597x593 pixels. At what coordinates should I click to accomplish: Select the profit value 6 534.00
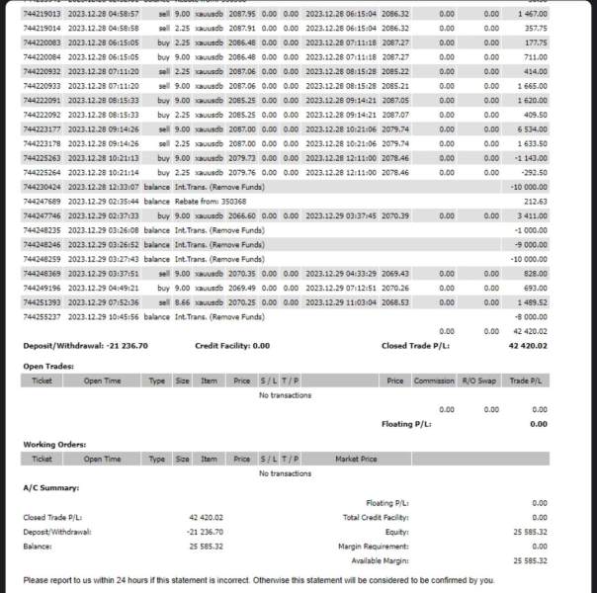[531, 128]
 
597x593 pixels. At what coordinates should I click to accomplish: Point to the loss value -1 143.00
[531, 157]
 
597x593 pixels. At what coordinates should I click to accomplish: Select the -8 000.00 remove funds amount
[529, 315]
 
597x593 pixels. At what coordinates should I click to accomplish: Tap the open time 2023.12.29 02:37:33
[103, 214]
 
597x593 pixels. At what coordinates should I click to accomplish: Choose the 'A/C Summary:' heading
[50, 488]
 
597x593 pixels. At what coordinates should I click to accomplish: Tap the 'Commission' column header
[433, 380]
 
